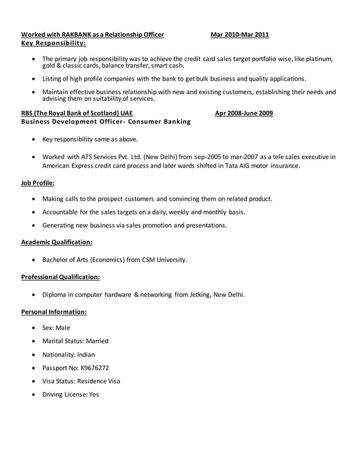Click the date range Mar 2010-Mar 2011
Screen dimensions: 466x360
coord(239,35)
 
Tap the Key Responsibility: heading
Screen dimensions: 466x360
coord(54,43)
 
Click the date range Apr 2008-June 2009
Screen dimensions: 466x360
coord(244,113)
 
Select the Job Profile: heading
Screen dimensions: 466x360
coord(38,183)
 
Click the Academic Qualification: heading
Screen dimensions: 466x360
coord(56,242)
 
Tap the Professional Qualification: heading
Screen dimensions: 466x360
coord(60,277)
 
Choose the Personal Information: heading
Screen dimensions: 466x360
coord(54,311)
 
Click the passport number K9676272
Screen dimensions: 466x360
coord(95,368)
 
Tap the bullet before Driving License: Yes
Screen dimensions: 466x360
coord(35,395)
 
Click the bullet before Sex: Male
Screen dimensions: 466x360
coord(35,328)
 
